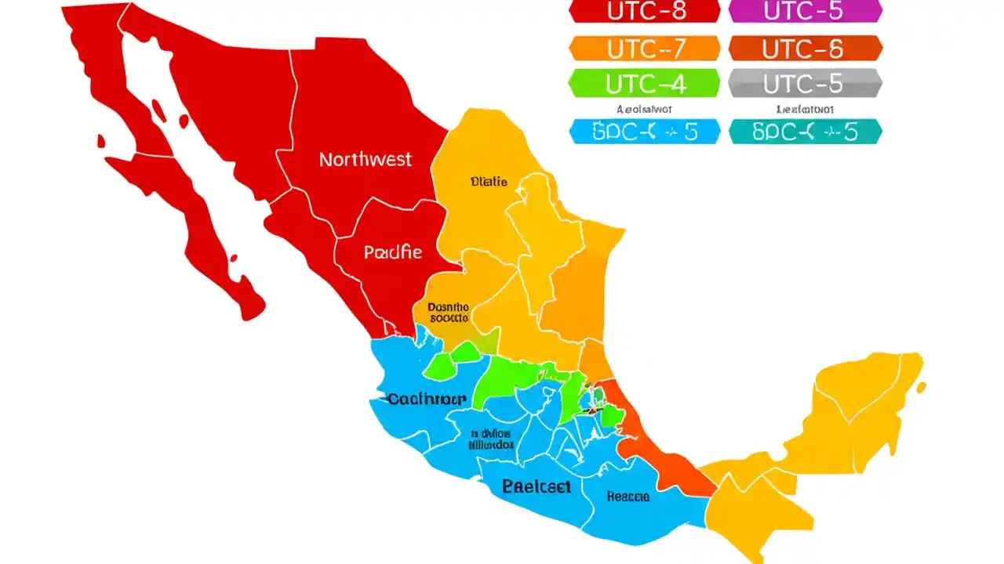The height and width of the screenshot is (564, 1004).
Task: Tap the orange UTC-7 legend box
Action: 644,49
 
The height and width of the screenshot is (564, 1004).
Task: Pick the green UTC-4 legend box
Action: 644,83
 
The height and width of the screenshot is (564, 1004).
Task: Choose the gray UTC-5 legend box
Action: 806,83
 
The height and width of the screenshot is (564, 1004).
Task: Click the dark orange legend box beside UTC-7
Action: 806,49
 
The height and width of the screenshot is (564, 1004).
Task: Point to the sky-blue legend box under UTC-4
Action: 644,132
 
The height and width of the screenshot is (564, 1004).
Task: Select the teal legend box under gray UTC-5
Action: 806,132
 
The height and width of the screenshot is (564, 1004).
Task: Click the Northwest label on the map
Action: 365,160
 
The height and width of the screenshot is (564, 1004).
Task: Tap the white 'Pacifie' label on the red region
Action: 392,252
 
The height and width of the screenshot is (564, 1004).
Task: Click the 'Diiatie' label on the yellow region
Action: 489,182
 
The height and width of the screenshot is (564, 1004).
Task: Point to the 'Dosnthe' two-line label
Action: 448,313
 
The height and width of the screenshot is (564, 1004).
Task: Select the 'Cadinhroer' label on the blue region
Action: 427,399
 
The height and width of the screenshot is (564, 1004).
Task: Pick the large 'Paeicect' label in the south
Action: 537,486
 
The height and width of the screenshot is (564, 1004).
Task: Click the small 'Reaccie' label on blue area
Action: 627,497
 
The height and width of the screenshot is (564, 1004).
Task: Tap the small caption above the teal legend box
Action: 806,110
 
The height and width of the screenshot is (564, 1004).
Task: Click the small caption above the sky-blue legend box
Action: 644,110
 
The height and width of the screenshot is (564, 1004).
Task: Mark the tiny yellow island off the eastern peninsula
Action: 921,387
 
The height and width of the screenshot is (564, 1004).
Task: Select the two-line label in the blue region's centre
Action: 491,439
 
